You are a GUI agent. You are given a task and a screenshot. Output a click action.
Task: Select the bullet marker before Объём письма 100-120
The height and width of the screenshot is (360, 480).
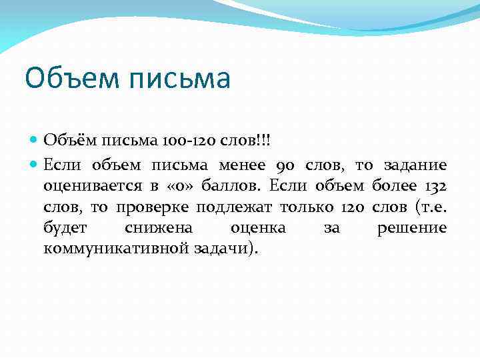coord(35,141)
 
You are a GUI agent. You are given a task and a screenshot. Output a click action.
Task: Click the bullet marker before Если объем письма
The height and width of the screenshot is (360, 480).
coord(35,165)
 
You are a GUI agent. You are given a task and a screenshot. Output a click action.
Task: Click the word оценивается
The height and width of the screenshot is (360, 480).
coord(93,186)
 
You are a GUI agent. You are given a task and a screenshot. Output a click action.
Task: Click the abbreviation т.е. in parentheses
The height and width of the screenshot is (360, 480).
coord(430,207)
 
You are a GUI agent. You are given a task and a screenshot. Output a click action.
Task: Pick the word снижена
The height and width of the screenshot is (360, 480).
coord(159,229)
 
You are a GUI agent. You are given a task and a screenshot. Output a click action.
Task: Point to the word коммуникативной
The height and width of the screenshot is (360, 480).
coord(117,249)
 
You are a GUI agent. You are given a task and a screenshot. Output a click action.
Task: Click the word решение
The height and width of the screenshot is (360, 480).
coord(412,229)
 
